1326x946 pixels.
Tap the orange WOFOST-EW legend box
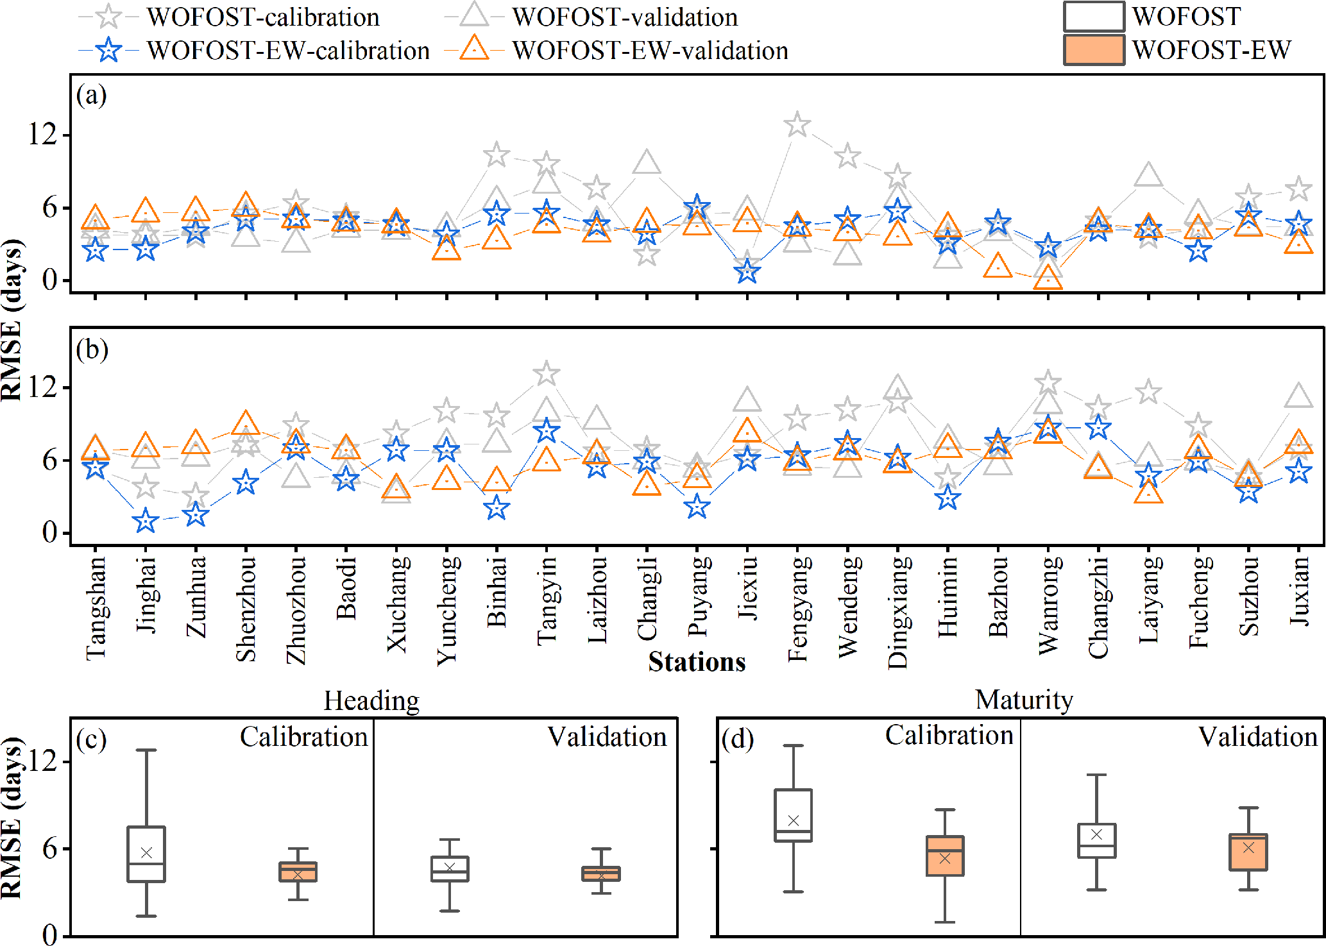pos(1094,50)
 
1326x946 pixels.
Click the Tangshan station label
pos(96,608)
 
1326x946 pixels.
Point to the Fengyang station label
pos(797,609)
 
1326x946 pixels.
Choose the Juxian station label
pos(1299,591)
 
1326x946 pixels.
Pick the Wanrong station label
pos(1048,605)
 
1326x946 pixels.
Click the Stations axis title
pos(697,662)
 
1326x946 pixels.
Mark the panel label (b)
pos(92,350)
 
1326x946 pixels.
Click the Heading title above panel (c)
pos(371,700)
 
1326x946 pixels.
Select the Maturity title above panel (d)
pos(1024,699)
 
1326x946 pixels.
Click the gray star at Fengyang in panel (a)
pos(797,124)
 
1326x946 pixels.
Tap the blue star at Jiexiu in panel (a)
pos(747,272)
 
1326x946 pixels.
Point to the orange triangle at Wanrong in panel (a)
pos(1048,278)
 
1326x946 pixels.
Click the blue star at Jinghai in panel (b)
pos(146,521)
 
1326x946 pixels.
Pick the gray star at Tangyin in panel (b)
pos(547,373)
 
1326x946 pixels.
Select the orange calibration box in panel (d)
pos(945,856)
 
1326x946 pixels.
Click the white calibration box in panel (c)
pos(146,854)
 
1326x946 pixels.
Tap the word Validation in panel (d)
pos(1257,737)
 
